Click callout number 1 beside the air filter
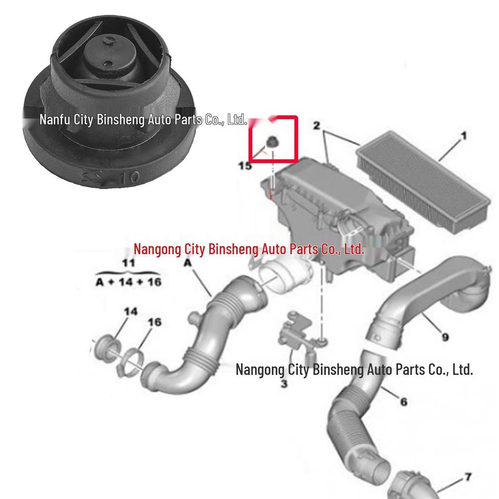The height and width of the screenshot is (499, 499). pyautogui.click(x=463, y=135)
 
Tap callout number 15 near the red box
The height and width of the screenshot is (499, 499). pyautogui.click(x=245, y=166)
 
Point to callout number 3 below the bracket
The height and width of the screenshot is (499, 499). pyautogui.click(x=284, y=384)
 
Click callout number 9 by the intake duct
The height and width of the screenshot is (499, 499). pyautogui.click(x=445, y=337)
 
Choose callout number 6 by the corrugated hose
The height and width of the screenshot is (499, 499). pyautogui.click(x=403, y=402)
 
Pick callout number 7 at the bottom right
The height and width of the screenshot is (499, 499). pyautogui.click(x=468, y=477)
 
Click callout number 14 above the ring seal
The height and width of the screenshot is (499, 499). pyautogui.click(x=130, y=311)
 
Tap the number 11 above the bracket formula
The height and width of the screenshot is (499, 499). pyautogui.click(x=128, y=263)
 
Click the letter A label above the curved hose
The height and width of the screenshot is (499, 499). pyautogui.click(x=188, y=264)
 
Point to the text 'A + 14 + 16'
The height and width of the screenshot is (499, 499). pyautogui.click(x=128, y=282)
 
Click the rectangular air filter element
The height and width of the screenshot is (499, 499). pyautogui.click(x=422, y=183)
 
